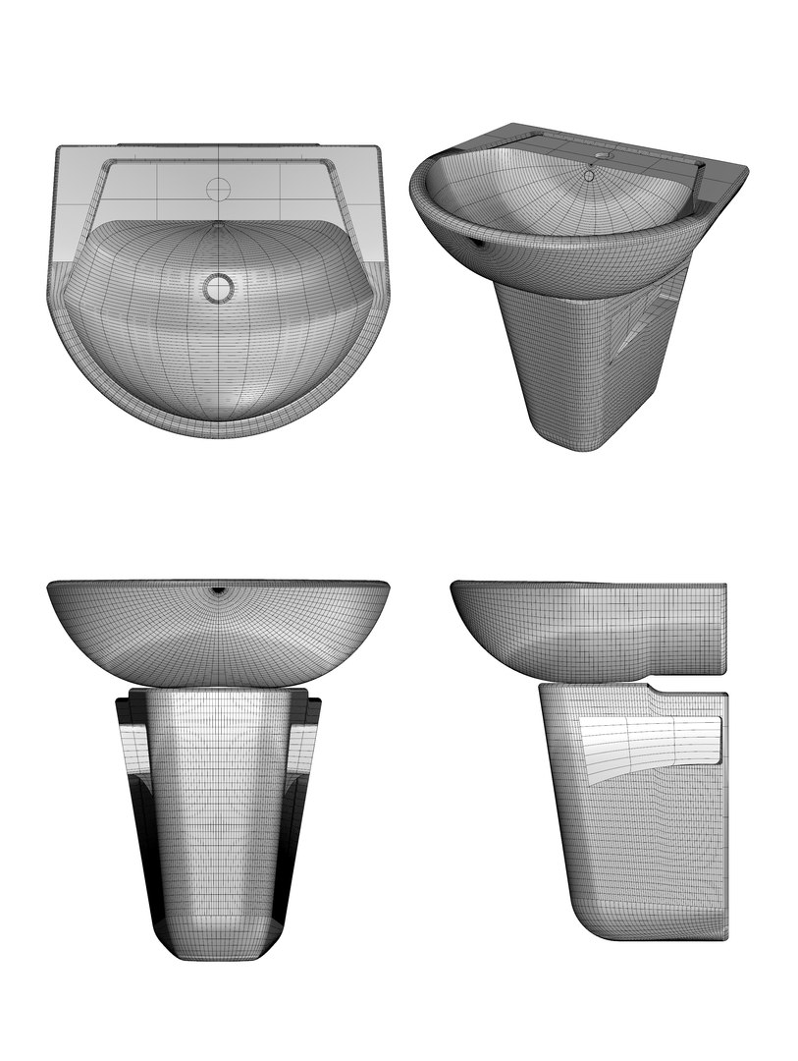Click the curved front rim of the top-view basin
pyautogui.click(x=218, y=425)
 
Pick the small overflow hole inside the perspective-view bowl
pyautogui.click(x=589, y=176)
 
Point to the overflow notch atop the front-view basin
pyautogui.click(x=218, y=592)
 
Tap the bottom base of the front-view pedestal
pyautogui.click(x=218, y=948)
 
